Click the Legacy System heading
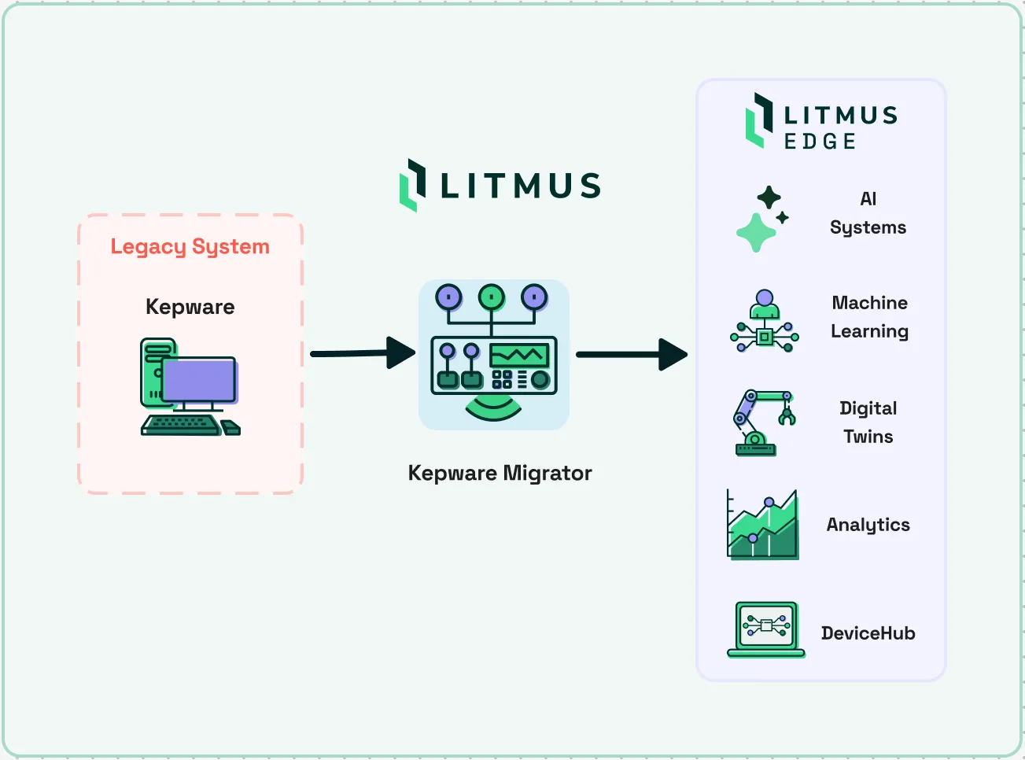(x=190, y=247)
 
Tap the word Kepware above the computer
(x=190, y=307)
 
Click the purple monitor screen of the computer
(x=199, y=379)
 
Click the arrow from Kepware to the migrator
(x=363, y=353)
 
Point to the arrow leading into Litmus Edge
(x=632, y=355)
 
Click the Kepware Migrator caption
(x=500, y=473)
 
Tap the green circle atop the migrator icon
(x=491, y=297)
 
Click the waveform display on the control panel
(x=519, y=355)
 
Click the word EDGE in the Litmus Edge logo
(x=820, y=141)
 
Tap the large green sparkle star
(x=756, y=233)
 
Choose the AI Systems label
(x=868, y=213)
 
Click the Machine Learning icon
(x=765, y=321)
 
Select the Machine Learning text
(x=870, y=317)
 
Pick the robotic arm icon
(x=765, y=422)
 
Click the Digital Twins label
(x=868, y=422)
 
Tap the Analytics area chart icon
(x=762, y=524)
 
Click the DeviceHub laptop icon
(x=765, y=629)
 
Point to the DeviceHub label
(x=868, y=633)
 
